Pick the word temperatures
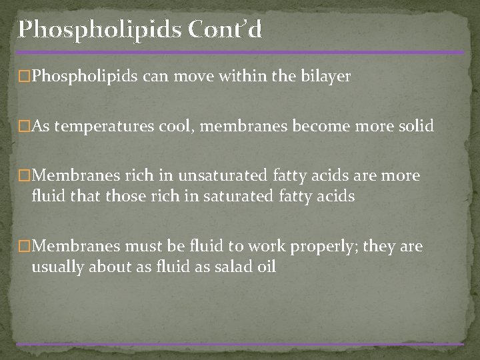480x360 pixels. click(x=101, y=126)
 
